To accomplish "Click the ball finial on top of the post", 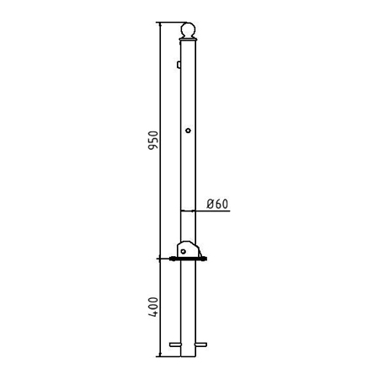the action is [x=188, y=29].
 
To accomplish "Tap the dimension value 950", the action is [x=153, y=140].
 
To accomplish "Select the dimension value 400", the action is [x=153, y=307].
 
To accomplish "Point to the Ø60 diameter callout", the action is [x=217, y=204].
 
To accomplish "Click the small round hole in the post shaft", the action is [x=188, y=131].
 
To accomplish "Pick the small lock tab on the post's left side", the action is [x=179, y=65].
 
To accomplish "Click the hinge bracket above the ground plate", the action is [x=189, y=248].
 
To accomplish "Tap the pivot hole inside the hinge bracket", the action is [x=184, y=252].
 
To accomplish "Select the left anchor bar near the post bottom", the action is [x=175, y=344].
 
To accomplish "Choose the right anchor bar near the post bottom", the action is [x=201, y=344].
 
